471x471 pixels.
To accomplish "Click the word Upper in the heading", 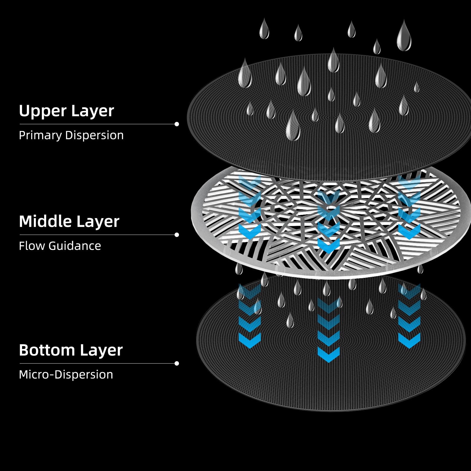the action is (x=43, y=111).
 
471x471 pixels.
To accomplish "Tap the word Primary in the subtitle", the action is (x=40, y=135).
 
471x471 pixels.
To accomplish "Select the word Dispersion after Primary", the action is (x=94, y=135).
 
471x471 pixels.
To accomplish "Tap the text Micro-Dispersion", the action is (x=66, y=374).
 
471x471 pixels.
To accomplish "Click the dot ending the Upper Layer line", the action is (x=177, y=124).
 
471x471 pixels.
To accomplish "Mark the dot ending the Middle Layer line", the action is (x=177, y=235).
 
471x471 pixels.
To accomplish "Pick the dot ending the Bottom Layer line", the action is (x=177, y=363).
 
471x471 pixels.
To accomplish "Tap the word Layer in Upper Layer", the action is (x=92, y=111).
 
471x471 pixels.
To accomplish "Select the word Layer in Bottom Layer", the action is (x=101, y=350).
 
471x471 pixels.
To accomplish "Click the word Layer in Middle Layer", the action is (x=98, y=221).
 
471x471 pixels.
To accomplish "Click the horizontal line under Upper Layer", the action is (x=97, y=124).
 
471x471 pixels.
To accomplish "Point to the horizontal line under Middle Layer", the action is (x=97, y=235).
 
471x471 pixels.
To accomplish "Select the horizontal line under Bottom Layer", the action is (x=97, y=363).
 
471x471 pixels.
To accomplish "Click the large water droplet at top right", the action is (x=404, y=36).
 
